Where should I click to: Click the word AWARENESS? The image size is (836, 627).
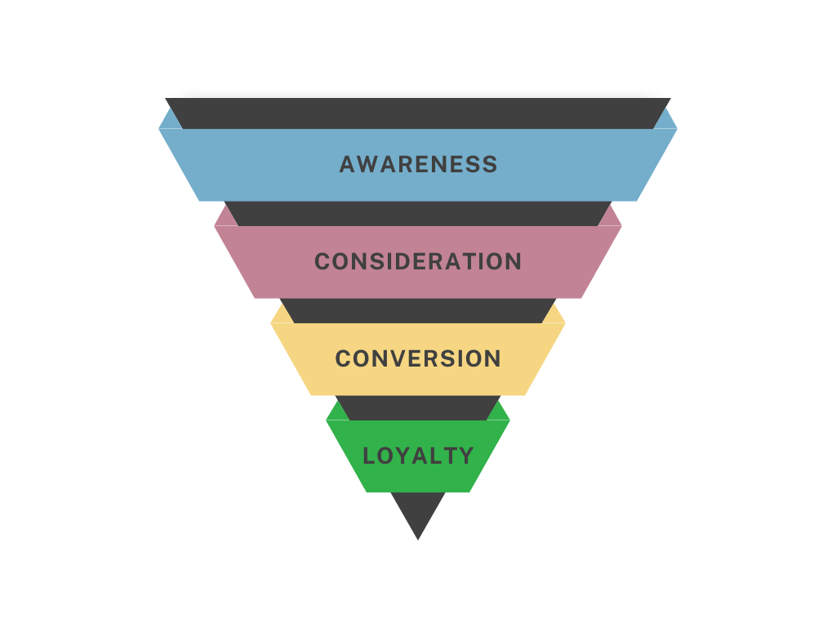pyautogui.click(x=418, y=164)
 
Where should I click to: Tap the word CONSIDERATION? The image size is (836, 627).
pyautogui.click(x=418, y=261)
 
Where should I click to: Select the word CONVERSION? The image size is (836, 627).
pyautogui.click(x=418, y=358)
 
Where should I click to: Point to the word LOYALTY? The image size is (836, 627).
pyautogui.click(x=418, y=456)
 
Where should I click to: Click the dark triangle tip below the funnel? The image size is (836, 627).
pyautogui.click(x=418, y=509)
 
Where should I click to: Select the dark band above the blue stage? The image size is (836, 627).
pyautogui.click(x=418, y=113)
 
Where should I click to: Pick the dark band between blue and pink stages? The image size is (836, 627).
pyautogui.click(x=418, y=214)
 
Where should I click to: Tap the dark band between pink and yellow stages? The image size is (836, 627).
pyautogui.click(x=418, y=310)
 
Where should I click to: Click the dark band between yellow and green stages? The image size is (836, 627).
pyautogui.click(x=418, y=407)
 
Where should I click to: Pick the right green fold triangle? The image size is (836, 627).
pyautogui.click(x=499, y=414)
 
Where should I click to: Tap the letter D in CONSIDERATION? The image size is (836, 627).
pyautogui.click(x=397, y=261)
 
